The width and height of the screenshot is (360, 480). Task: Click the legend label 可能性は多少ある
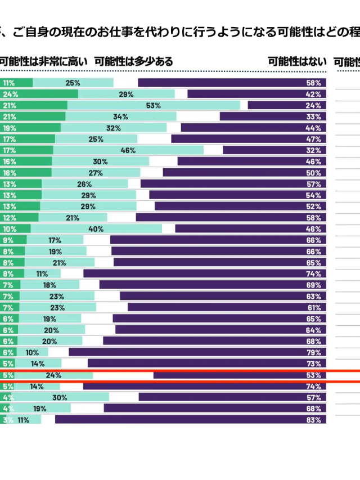coord(134,62)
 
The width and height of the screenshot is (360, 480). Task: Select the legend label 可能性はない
coord(296,62)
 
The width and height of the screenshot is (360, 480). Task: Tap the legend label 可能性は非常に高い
coord(43,62)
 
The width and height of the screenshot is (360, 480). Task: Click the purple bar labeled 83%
coord(190,420)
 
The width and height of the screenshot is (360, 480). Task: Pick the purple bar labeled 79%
coord(197,352)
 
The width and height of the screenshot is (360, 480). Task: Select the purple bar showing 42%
coord(256,94)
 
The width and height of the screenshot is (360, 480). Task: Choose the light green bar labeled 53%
coord(154,105)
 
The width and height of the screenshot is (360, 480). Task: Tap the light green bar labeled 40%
coord(96,229)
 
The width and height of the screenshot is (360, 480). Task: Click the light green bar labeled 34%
coord(120,116)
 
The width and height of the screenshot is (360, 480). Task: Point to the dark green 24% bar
coord(39,94)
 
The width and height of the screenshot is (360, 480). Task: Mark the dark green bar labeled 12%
coord(19,218)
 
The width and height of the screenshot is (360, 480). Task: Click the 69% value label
coord(314,285)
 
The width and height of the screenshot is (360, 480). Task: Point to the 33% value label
coord(314,116)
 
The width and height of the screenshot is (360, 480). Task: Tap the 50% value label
coord(314,173)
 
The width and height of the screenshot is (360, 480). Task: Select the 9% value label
coord(8,240)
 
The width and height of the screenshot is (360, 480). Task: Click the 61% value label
coord(314,308)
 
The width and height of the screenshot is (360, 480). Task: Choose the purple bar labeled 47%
coord(249,139)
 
